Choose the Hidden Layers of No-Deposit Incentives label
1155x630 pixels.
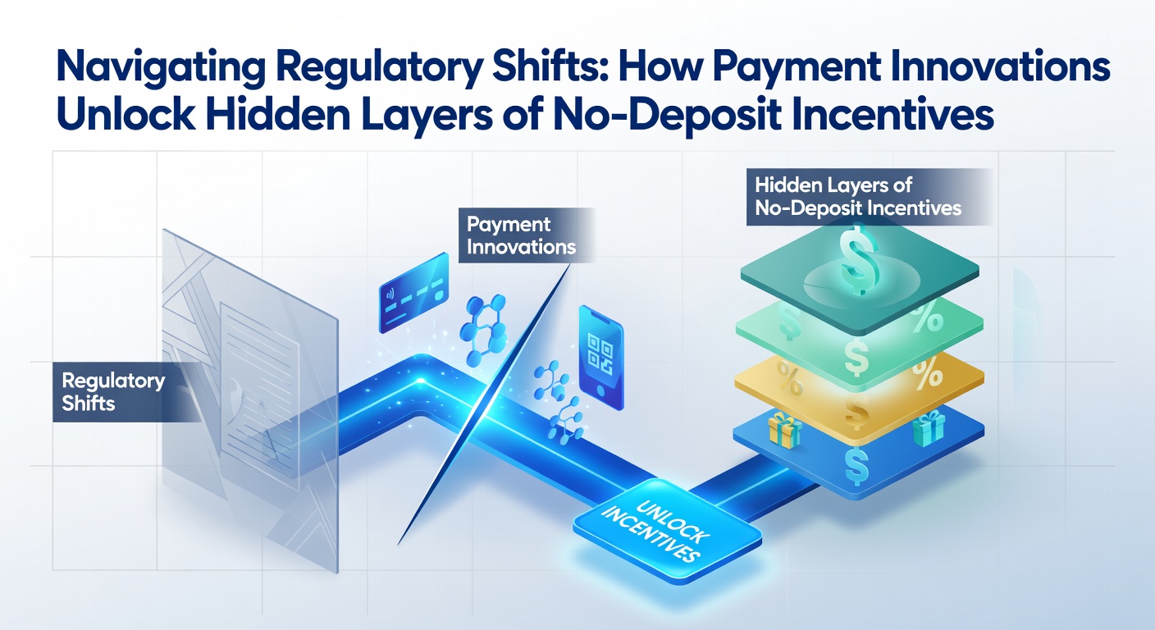click(x=869, y=197)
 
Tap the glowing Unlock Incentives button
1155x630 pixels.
click(x=667, y=531)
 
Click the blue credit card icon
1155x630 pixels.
click(x=413, y=292)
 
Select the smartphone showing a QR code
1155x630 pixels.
click(x=601, y=358)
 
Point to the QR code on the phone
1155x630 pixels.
click(x=600, y=354)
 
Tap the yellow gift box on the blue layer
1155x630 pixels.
click(x=785, y=430)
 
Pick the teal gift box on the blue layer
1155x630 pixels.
click(x=929, y=428)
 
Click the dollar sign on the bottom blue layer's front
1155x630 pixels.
click(x=856, y=467)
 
